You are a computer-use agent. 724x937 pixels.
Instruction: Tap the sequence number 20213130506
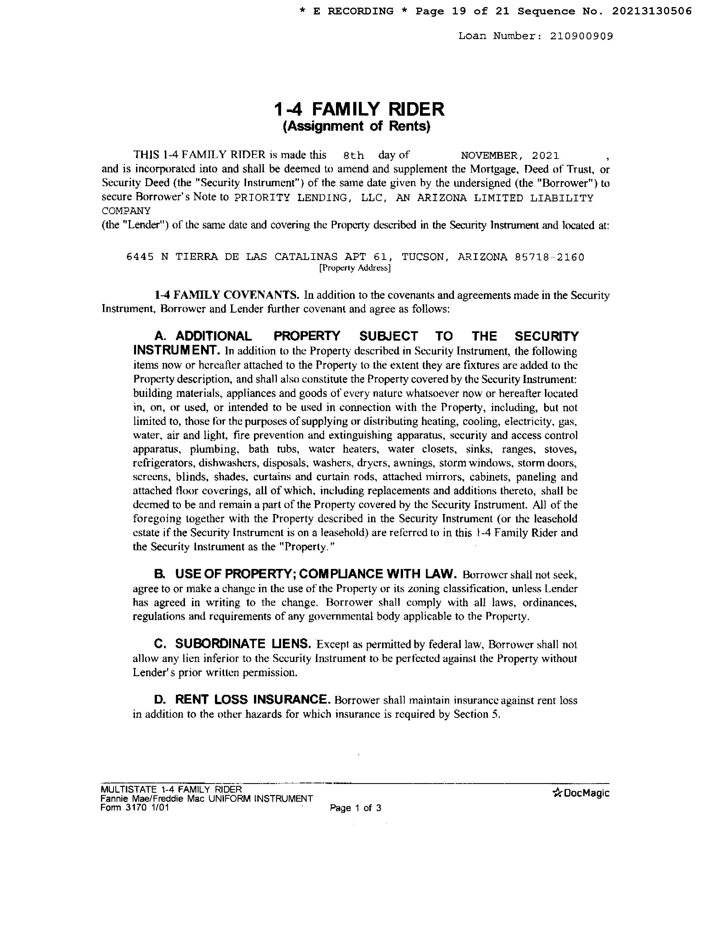point(652,11)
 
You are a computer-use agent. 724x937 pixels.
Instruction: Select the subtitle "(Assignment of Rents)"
point(356,126)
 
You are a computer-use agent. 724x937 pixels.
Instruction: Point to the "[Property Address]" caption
point(355,268)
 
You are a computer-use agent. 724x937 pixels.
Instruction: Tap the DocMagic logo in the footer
point(581,793)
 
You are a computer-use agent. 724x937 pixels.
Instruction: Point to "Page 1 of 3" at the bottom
point(355,808)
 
